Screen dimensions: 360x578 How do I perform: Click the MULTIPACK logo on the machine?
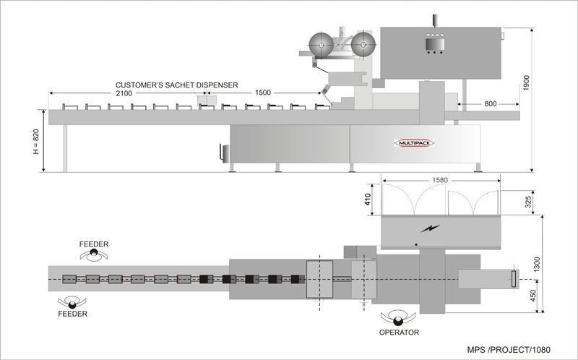pyautogui.click(x=414, y=143)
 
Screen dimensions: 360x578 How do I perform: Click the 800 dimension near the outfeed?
pyautogui.click(x=490, y=104)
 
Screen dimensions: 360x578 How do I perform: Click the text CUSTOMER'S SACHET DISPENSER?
pyautogui.click(x=176, y=85)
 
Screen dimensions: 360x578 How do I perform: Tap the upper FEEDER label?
pyautogui.click(x=94, y=244)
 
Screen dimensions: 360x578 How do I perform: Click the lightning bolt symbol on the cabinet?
pyautogui.click(x=430, y=229)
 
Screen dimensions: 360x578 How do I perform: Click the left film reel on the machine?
pyautogui.click(x=320, y=46)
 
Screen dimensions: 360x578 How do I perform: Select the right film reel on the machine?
pyautogui.click(x=363, y=46)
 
